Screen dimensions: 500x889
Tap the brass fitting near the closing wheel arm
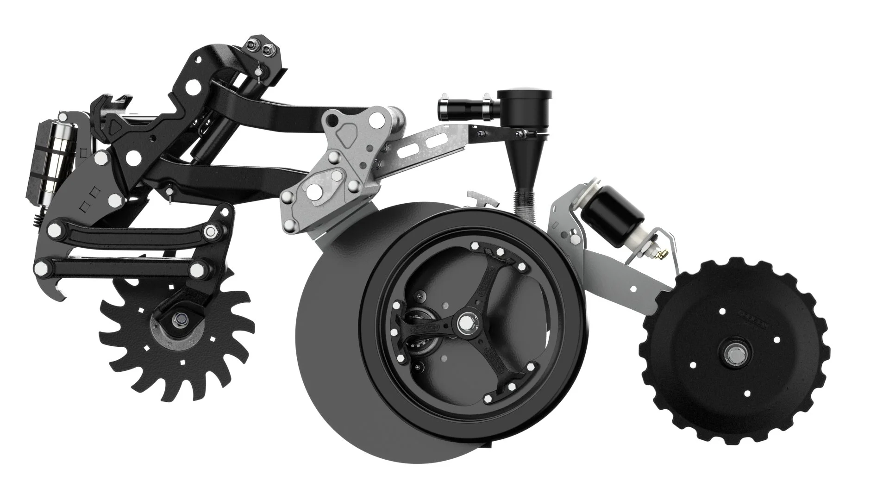pos(662,253)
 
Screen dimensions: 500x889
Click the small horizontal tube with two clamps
pos(467,109)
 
